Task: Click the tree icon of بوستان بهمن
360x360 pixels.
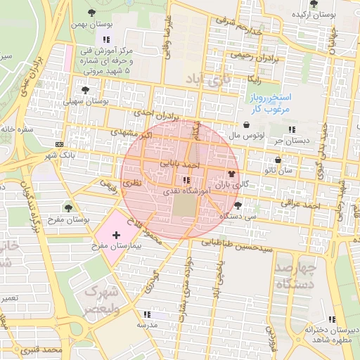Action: (92, 12)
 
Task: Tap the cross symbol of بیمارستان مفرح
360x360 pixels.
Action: (116, 233)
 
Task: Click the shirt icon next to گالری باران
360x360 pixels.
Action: (231, 173)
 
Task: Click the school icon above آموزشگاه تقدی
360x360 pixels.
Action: (186, 180)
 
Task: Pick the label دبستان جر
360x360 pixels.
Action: (292, 141)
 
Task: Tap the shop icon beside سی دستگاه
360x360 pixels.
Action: (238, 205)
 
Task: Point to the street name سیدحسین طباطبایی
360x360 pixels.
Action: (238, 245)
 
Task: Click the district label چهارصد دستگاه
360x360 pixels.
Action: (295, 276)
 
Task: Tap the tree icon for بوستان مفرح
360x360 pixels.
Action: (68, 207)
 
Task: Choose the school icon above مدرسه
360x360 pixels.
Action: (146, 314)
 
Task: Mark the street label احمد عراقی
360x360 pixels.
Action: (301, 204)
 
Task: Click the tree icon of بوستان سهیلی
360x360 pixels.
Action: (85, 90)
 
